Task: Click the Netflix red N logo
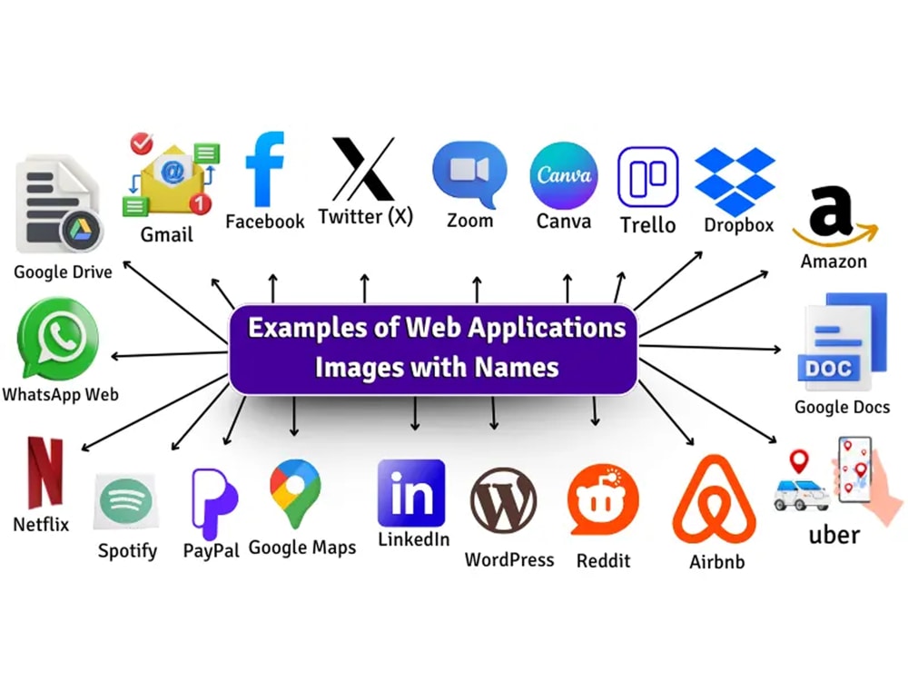[x=45, y=472]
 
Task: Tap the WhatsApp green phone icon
[x=58, y=338]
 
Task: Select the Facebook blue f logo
[x=265, y=169]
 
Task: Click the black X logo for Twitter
[x=364, y=169]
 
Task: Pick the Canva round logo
[x=564, y=175]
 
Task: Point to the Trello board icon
[x=648, y=177]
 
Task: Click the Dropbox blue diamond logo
[x=735, y=180]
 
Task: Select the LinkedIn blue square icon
[x=411, y=493]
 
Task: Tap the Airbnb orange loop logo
[x=715, y=499]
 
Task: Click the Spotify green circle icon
[x=125, y=500]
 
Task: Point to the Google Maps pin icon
[x=295, y=493]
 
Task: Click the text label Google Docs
[x=842, y=407]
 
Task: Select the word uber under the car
[x=834, y=535]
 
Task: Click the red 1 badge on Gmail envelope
[x=201, y=203]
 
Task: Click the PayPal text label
[x=211, y=550]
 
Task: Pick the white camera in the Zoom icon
[x=469, y=171]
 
